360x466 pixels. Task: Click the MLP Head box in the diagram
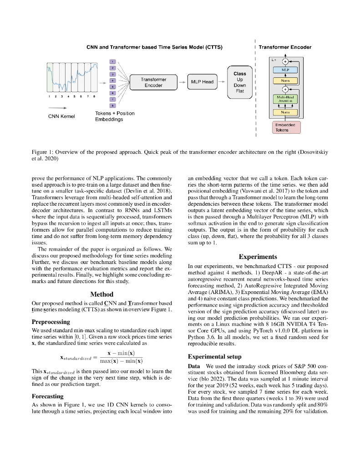coord(202,81)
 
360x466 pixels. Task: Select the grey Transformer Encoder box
coord(153,82)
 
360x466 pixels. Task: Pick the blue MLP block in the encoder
coord(285,70)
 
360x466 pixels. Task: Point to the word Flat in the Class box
coord(240,91)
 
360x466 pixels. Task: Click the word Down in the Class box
coord(240,85)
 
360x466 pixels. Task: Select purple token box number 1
coord(113,61)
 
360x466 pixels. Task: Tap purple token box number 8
coord(113,105)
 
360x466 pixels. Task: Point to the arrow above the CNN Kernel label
coord(57,108)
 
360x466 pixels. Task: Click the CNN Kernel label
coord(61,116)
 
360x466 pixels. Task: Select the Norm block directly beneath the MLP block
coord(285,81)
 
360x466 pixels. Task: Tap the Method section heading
coord(102,294)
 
